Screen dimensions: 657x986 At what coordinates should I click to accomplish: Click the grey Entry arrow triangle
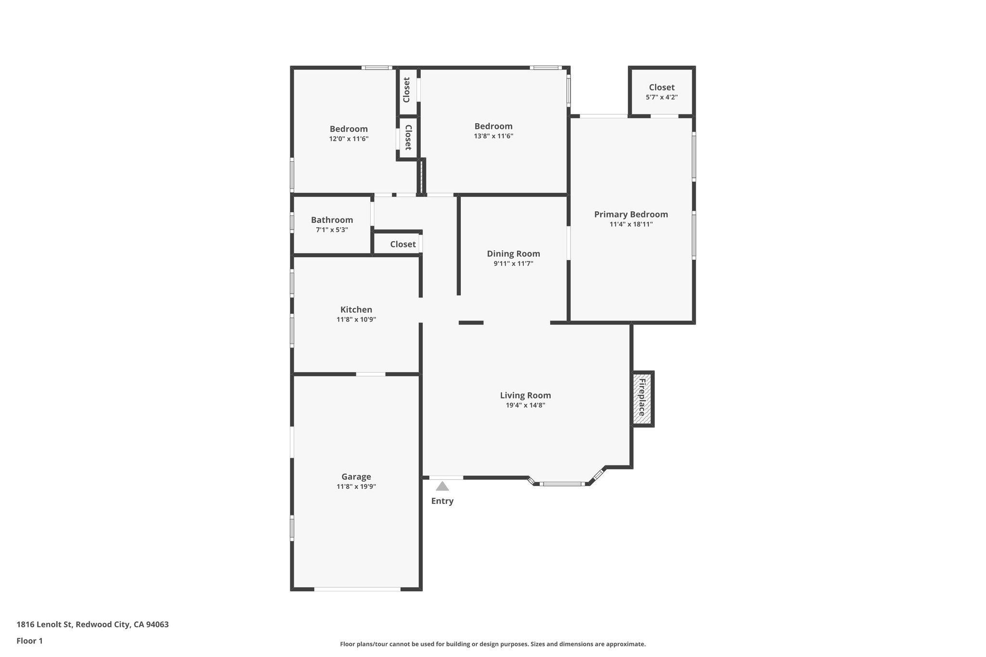pyautogui.click(x=442, y=486)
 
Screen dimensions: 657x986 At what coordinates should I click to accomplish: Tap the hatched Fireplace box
pyautogui.click(x=642, y=398)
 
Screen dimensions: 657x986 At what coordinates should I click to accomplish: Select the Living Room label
pyautogui.click(x=525, y=395)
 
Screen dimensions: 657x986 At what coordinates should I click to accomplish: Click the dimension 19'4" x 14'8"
pyautogui.click(x=525, y=405)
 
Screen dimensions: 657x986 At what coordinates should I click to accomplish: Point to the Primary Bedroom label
pyautogui.click(x=631, y=214)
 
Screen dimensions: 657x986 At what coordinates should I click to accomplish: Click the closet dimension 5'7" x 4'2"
pyautogui.click(x=662, y=97)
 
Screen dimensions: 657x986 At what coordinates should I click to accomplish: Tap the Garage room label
pyautogui.click(x=356, y=477)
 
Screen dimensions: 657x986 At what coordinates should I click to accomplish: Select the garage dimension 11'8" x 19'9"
pyautogui.click(x=356, y=487)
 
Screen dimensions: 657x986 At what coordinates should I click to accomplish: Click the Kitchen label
pyautogui.click(x=356, y=309)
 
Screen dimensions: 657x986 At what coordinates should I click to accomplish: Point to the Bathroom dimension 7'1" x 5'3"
pyautogui.click(x=332, y=230)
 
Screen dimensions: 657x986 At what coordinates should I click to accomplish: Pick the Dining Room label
pyautogui.click(x=513, y=254)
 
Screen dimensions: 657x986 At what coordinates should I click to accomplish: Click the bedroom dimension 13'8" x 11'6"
pyautogui.click(x=493, y=136)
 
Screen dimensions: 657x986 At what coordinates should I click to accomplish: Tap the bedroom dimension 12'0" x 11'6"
pyautogui.click(x=349, y=139)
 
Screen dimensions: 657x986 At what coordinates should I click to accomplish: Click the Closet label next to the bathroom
pyautogui.click(x=402, y=244)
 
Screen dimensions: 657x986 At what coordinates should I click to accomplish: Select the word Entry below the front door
pyautogui.click(x=442, y=501)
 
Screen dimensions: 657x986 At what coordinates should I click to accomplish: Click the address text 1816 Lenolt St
pyautogui.click(x=44, y=625)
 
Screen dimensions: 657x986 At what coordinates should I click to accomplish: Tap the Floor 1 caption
pyautogui.click(x=30, y=641)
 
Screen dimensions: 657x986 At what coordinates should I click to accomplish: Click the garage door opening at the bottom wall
pyautogui.click(x=357, y=589)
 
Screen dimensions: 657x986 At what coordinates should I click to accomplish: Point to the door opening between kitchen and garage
pyautogui.click(x=371, y=374)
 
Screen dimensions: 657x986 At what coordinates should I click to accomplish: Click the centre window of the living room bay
pyautogui.click(x=562, y=484)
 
